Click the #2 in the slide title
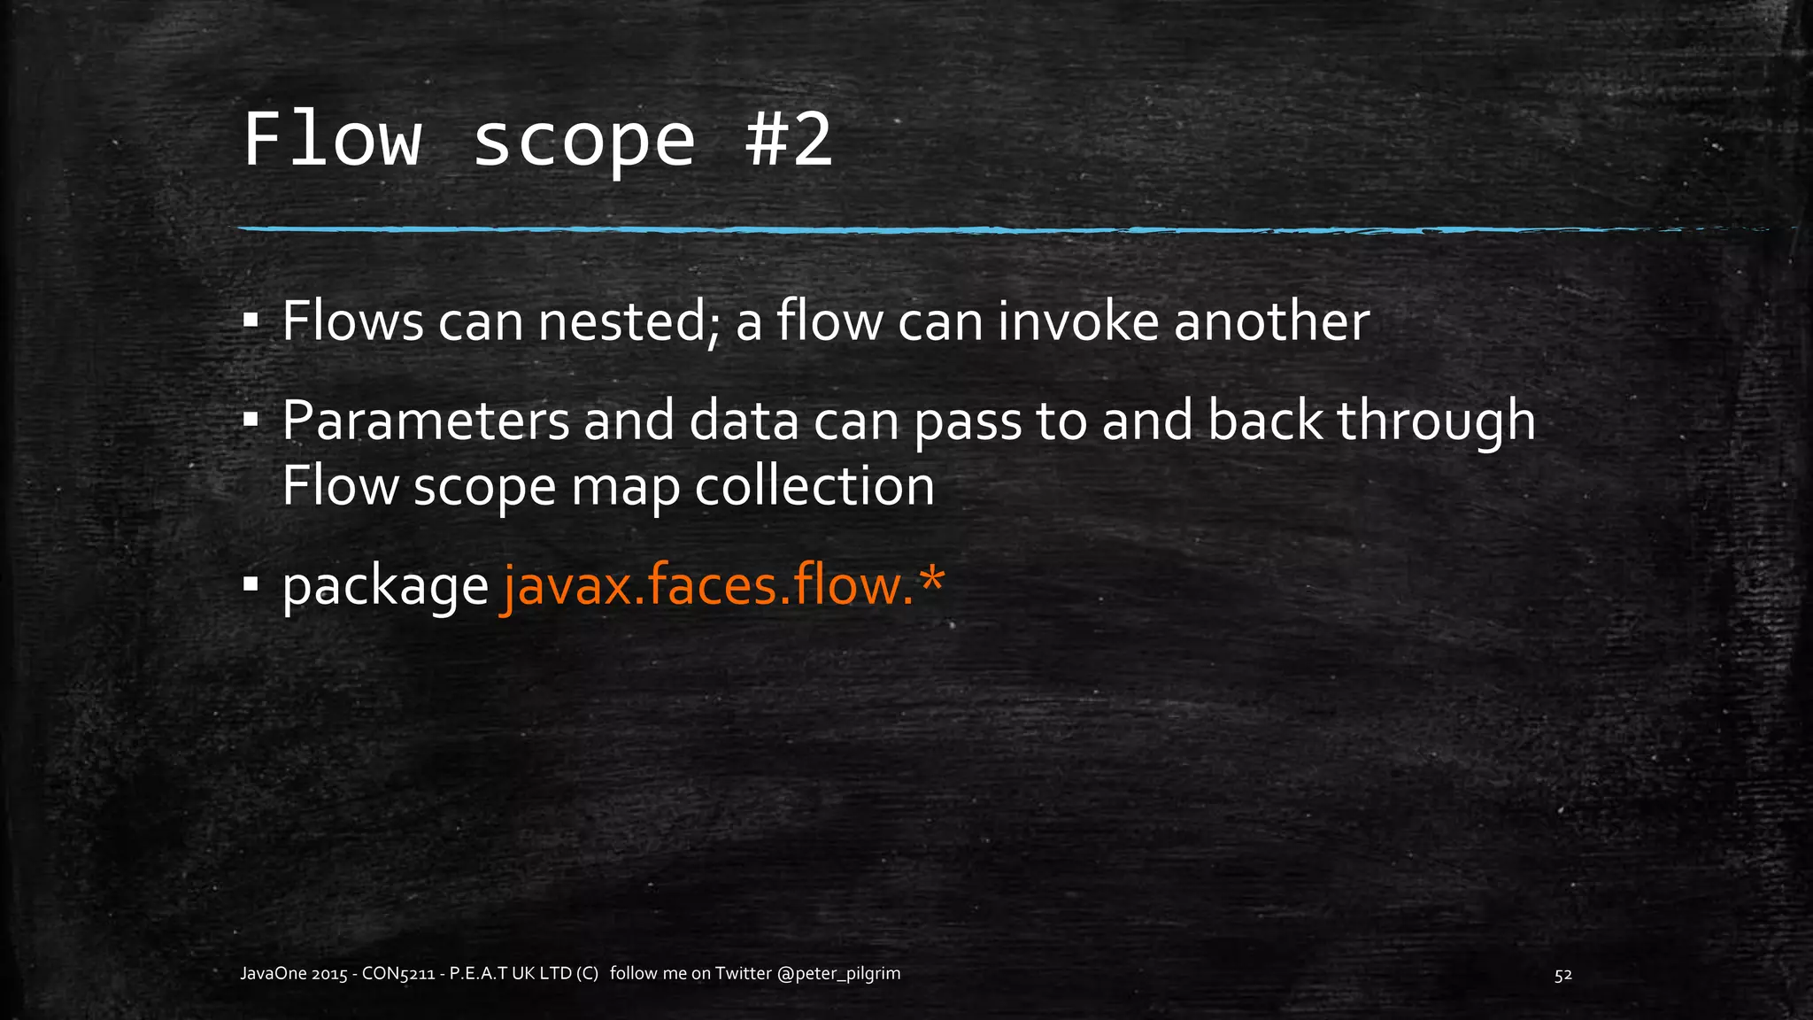tap(789, 140)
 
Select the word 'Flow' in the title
tap(332, 140)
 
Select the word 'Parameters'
tap(426, 421)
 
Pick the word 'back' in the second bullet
tap(1265, 421)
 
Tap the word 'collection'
tap(814, 486)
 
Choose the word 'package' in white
tap(385, 587)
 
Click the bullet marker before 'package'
tap(251, 583)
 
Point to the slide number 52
tap(1563, 975)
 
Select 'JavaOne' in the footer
tap(274, 974)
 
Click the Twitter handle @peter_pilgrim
tap(838, 974)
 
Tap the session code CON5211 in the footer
tap(398, 974)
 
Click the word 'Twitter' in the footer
tap(744, 974)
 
